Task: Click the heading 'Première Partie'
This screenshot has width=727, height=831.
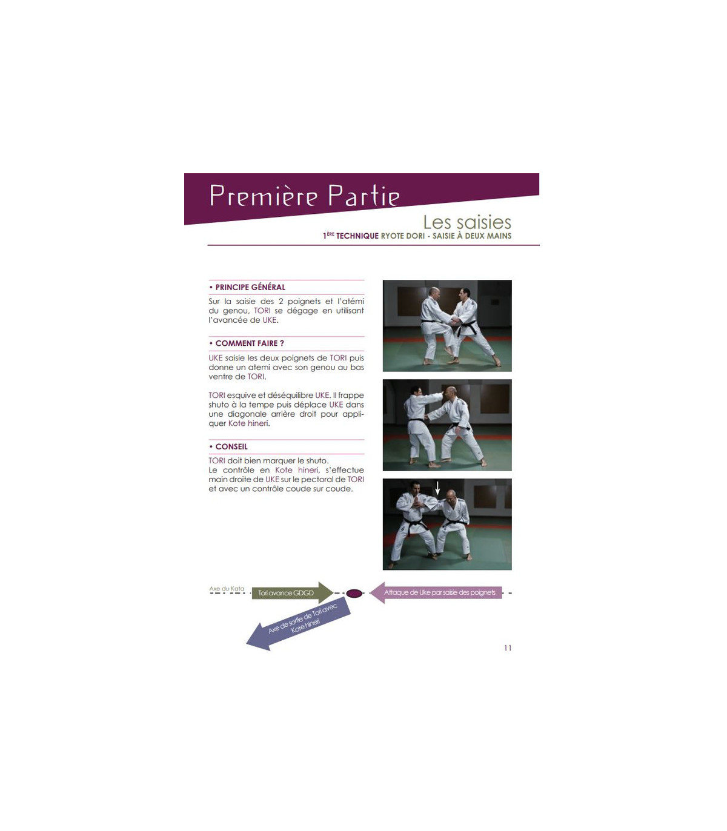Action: coord(304,196)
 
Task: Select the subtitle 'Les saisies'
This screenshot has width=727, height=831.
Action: coord(467,222)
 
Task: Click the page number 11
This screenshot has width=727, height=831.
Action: coord(508,648)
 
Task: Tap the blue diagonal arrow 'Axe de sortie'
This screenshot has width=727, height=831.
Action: coord(299,624)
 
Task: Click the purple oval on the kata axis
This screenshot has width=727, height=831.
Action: coord(354,594)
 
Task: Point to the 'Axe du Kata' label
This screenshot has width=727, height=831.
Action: coord(227,589)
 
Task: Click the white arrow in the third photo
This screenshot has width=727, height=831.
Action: coord(437,488)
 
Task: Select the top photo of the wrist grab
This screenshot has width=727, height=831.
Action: coord(447,326)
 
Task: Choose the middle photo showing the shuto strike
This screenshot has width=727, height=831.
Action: coord(447,425)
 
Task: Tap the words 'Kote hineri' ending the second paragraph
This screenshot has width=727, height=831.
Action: coord(248,423)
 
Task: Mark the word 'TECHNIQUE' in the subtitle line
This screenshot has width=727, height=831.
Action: coord(357,236)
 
